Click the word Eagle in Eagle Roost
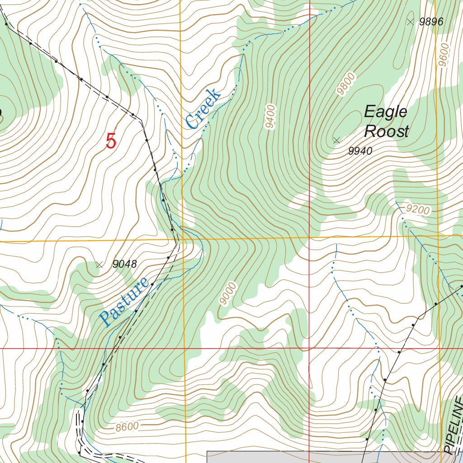coord(386,112)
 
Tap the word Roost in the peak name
coord(386,132)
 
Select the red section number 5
coord(111,141)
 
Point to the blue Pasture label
coord(124,302)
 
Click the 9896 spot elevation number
coord(431,21)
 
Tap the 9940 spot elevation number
coord(360,151)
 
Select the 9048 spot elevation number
coord(124,264)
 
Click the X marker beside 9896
coord(410,21)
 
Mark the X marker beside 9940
coord(336,140)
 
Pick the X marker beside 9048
coord(99,265)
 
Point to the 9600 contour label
coord(443,54)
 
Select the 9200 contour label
coord(418,209)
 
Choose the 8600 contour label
coord(127,426)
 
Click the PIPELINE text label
coord(454,425)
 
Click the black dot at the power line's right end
coord(462,286)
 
